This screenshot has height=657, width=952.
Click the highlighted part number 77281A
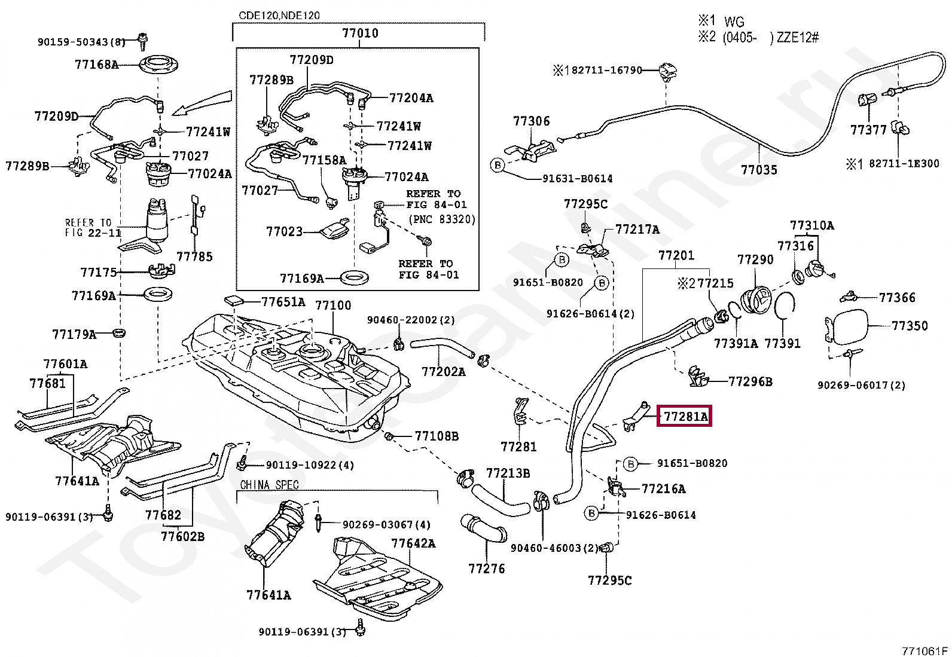pos(685,417)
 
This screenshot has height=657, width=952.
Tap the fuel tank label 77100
pos(333,305)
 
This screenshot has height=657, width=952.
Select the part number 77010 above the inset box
pos(360,33)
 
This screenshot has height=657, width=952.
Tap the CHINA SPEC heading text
pos(269,485)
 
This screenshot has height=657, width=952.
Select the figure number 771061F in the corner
pos(925,651)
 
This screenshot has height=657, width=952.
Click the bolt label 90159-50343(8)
pos(81,42)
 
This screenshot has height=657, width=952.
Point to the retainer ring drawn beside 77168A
pos(158,65)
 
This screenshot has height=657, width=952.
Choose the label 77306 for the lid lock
pos(531,121)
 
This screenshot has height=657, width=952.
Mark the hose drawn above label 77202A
pos(442,346)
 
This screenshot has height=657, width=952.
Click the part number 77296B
pos(750,381)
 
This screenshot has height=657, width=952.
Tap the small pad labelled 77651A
pos(234,300)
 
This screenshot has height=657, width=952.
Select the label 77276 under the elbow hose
pos(486,569)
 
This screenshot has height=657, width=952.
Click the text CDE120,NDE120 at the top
pos(279,16)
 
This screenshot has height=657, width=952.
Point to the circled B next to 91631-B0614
pos(498,165)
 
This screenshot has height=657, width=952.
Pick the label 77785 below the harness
pos(194,256)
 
